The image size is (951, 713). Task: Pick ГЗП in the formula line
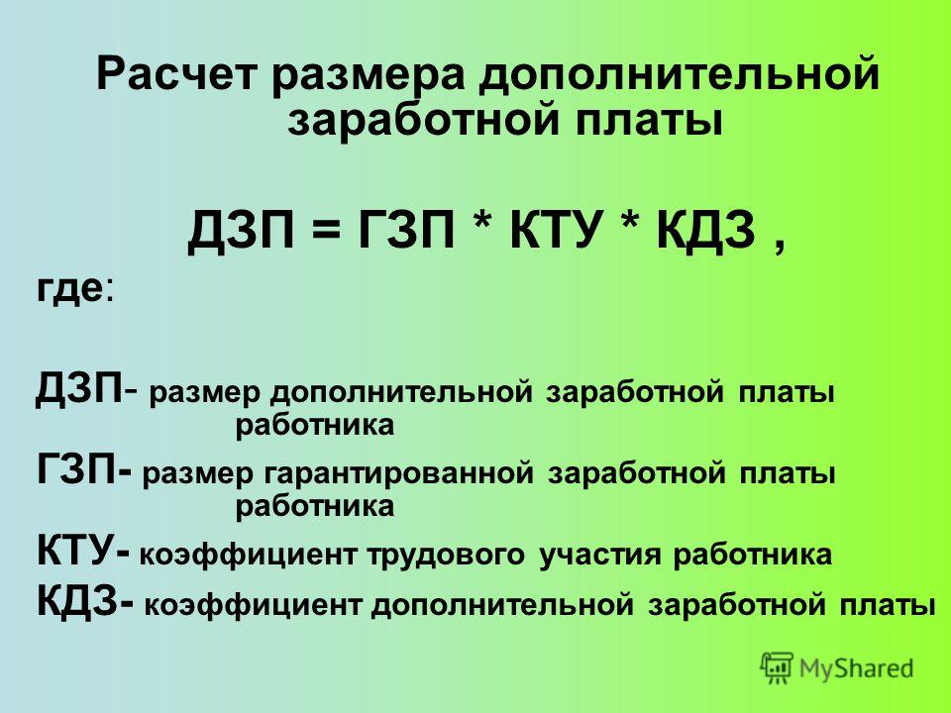tap(405, 230)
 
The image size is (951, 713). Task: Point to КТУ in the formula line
tap(556, 230)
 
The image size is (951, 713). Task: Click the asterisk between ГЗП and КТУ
tap(482, 220)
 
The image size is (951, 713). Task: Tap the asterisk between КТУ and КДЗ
tap(630, 220)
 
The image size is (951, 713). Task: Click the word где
tap(69, 290)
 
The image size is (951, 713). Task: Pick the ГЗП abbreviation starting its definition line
tap(76, 470)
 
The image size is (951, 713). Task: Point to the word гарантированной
tap(399, 474)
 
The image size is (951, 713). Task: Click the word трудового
tap(445, 556)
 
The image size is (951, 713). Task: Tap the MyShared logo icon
tap(777, 668)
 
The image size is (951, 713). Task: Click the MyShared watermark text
tap(856, 668)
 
